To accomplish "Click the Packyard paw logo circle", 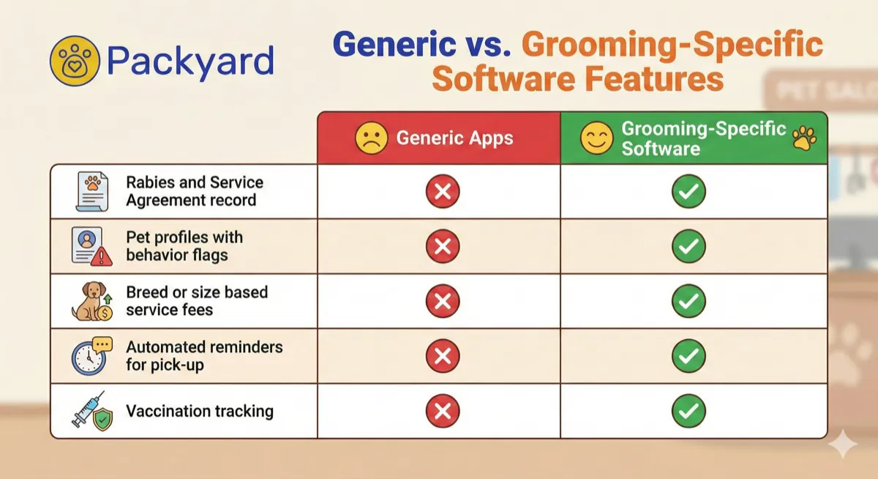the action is coord(73,61).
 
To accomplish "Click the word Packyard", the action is coord(190,62).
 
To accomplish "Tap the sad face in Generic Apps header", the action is coord(372,138).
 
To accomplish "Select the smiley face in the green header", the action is coord(596,138).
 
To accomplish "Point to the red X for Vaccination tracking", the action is coord(443,412).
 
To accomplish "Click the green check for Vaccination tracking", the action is coord(688,412).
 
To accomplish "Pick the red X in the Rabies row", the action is coord(443,192).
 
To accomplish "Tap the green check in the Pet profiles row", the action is coord(688,247).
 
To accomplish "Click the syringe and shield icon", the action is coord(91,412).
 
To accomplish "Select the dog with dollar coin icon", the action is coord(92,302).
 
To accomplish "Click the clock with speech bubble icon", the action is coord(91,356).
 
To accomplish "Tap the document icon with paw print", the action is coord(91,191).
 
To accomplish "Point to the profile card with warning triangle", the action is coord(91,247).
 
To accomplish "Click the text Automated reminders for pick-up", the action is coord(203,355).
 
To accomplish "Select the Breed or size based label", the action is coord(196,292).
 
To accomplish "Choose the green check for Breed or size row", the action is coord(688,302).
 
